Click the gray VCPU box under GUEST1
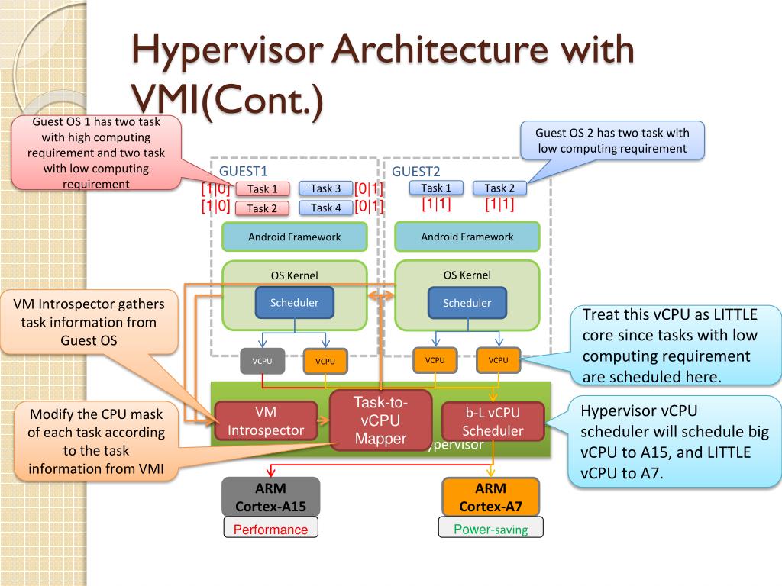(263, 361)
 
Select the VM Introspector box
(266, 421)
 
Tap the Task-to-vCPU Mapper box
(380, 420)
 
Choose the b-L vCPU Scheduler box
(493, 421)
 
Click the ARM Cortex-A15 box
(271, 497)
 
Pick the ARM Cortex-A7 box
(491, 497)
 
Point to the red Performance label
(271, 529)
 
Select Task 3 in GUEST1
(325, 188)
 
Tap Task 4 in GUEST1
(325, 208)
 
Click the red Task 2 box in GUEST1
(262, 208)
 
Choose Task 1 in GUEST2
(436, 188)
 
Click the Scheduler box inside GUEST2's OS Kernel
(467, 302)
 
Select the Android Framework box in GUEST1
(294, 237)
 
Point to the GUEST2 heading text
(416, 172)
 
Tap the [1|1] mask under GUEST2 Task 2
(499, 204)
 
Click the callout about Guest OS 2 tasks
(612, 140)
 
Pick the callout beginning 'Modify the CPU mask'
(96, 442)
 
